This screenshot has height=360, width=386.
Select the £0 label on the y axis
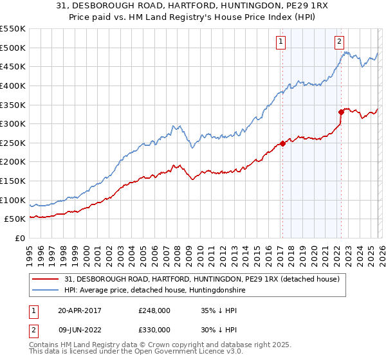pos(19,238)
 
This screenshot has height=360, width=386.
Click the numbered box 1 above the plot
pos(281,42)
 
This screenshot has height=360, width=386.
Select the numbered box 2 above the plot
pos(339,42)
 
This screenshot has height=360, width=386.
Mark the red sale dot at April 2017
pos(282,144)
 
